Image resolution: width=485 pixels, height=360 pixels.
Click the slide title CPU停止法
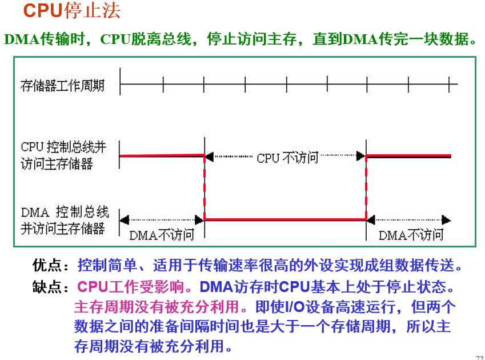coord(71,11)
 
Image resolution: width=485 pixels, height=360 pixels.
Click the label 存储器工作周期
coord(62,86)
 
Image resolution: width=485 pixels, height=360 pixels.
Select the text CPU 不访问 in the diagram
coord(287,158)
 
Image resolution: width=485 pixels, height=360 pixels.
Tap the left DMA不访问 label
coord(162,235)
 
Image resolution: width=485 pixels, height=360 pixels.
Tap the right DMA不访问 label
coord(411,235)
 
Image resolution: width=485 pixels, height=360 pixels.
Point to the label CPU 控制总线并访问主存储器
coord(63,155)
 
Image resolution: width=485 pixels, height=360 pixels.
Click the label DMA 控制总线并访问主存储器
coord(64,220)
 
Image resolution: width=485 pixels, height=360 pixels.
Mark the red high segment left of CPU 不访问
coord(162,155)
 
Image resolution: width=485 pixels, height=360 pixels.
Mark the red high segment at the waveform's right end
coord(408,155)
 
